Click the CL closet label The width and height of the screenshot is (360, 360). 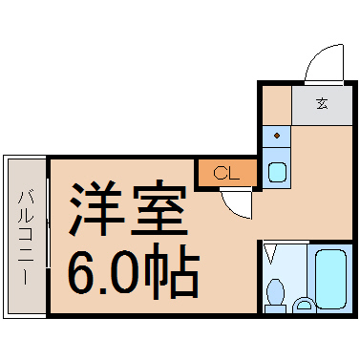[226, 174]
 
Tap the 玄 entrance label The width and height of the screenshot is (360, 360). [322, 104]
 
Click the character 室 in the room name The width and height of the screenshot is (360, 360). [159, 208]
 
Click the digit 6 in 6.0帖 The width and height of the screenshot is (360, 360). [82, 271]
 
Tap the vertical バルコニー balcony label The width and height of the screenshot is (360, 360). [25, 237]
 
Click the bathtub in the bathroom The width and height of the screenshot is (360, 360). [330, 279]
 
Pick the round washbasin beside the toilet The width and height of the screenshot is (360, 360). [305, 307]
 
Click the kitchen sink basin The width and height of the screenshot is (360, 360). [277, 172]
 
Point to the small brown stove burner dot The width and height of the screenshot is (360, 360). [277, 136]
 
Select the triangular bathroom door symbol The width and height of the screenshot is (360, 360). [271, 254]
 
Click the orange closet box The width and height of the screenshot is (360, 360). [227, 173]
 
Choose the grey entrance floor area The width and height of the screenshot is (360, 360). [322, 105]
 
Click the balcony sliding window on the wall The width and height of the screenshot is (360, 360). [48, 222]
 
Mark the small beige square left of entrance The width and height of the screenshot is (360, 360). [277, 105]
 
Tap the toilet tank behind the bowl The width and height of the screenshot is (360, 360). [275, 309]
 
